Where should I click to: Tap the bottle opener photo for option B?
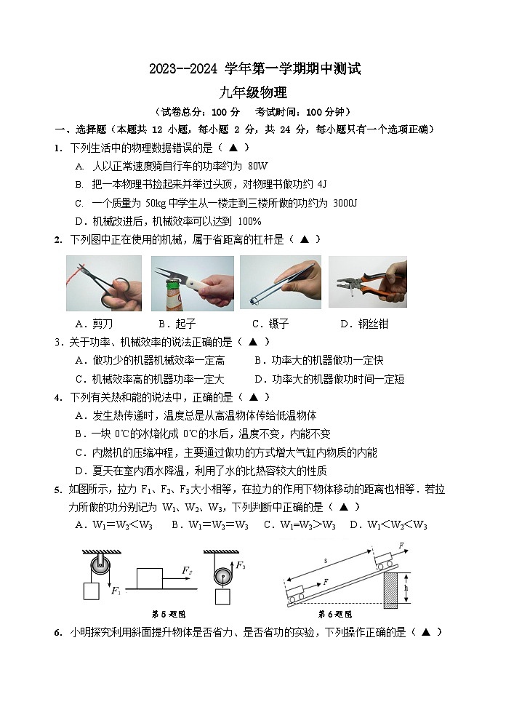pyautogui.click(x=192, y=284)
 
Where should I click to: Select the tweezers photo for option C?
pyautogui.click(x=280, y=284)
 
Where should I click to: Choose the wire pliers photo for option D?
pyautogui.click(x=367, y=284)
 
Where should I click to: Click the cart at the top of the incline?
pyautogui.click(x=386, y=561)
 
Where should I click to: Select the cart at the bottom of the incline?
pyautogui.click(x=297, y=594)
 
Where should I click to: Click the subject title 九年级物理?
pyautogui.click(x=254, y=92)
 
